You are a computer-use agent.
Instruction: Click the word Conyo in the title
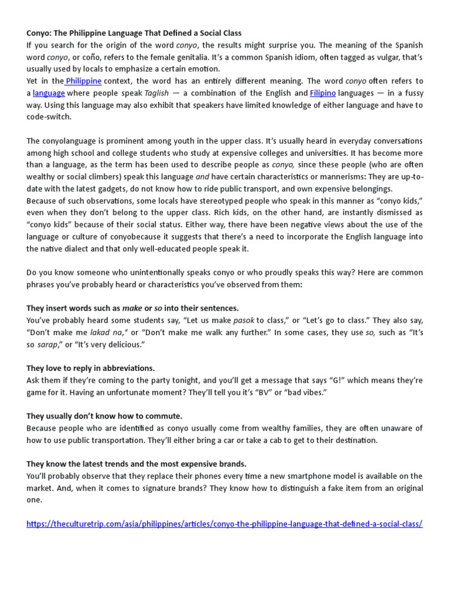click(39, 33)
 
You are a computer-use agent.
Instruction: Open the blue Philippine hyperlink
click(84, 81)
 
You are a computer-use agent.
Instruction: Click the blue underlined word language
click(49, 93)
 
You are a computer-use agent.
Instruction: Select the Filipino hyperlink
click(323, 93)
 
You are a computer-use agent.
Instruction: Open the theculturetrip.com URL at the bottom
click(224, 524)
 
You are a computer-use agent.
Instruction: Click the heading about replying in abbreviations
click(91, 368)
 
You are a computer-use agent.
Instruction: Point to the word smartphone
click(296, 476)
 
